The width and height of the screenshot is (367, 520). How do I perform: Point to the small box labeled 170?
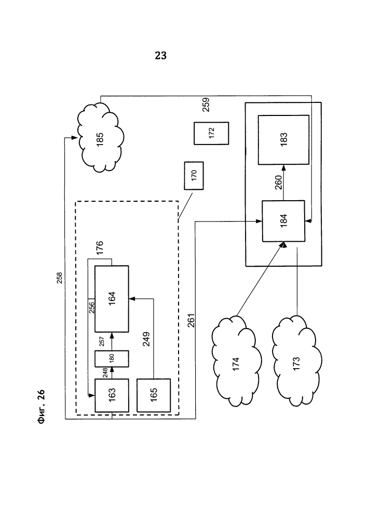pos(194,176)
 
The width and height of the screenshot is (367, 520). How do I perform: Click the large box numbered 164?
pos(112,298)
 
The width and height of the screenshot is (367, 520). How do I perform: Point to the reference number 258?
pos(60,279)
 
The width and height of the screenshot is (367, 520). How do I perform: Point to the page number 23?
pos(161,56)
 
